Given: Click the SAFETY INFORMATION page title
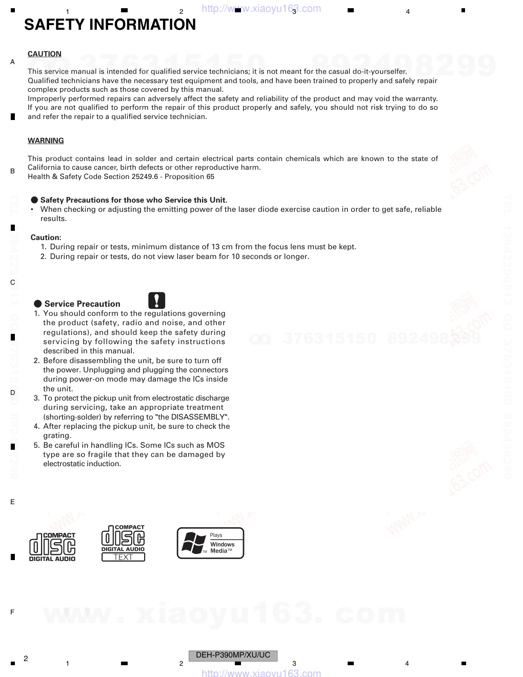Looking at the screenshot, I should pyautogui.click(x=110, y=25).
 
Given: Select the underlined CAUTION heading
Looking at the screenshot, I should pyautogui.click(x=45, y=54).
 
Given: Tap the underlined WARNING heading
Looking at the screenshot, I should pyautogui.click(x=46, y=141).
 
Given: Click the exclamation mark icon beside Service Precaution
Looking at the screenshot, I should pyautogui.click(x=157, y=301).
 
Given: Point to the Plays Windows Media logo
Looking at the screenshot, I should pyautogui.click(x=210, y=543).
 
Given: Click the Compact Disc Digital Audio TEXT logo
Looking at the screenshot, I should pyautogui.click(x=123, y=543).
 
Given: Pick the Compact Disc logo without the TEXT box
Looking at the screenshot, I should pyautogui.click(x=52, y=547).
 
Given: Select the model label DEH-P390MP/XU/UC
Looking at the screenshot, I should pyautogui.click(x=233, y=655).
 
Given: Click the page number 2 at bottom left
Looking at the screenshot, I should pyautogui.click(x=26, y=658).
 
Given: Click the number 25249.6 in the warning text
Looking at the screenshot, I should pyautogui.click(x=145, y=176).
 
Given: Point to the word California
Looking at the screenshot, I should pyautogui.click(x=45, y=167).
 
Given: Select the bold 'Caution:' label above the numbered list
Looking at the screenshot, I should pyautogui.click(x=46, y=237).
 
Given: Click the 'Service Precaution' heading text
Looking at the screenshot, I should pyautogui.click(x=82, y=304).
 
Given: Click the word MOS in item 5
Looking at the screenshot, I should pyautogui.click(x=217, y=445).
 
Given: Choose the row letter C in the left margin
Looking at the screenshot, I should pyautogui.click(x=13, y=283).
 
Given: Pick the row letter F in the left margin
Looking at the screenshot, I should pyautogui.click(x=12, y=612).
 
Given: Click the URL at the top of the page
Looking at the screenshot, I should pyautogui.click(x=261, y=9).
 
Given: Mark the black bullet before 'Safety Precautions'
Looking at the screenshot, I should pyautogui.click(x=34, y=200).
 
